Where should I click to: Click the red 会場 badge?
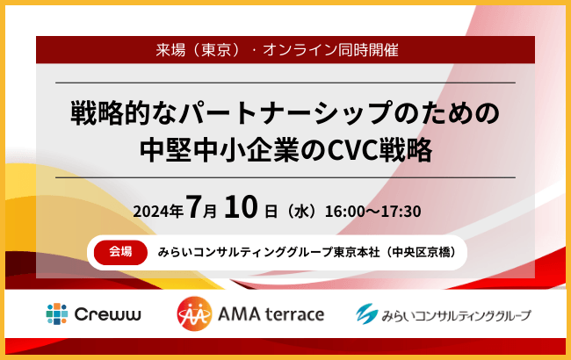click(x=119, y=251)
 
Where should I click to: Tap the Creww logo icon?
click(x=57, y=313)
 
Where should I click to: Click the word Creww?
click(x=104, y=314)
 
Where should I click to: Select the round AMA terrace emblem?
click(x=193, y=313)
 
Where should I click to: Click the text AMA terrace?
click(x=269, y=314)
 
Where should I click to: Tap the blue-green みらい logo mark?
click(x=369, y=313)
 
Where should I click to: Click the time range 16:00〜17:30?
click(x=373, y=212)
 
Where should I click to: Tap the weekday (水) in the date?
click(x=300, y=212)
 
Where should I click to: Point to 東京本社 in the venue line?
click(x=351, y=252)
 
